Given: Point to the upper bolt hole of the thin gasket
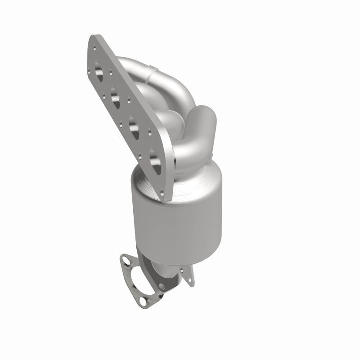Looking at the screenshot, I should [x=126, y=260].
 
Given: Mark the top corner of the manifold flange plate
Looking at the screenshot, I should [x=93, y=38].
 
